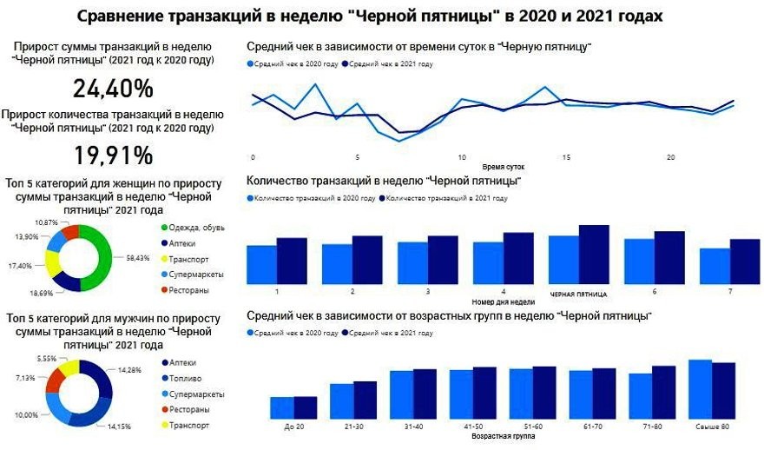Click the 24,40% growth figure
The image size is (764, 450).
113,89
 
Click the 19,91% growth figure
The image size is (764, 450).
113,156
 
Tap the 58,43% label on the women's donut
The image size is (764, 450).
138,258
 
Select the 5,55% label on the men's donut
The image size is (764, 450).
47,359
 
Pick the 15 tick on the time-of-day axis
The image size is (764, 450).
566,158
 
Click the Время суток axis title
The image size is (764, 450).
503,166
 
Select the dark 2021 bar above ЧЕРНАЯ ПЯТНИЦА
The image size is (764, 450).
594,252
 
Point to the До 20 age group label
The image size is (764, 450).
293,427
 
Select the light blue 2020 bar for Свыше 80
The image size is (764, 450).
700,389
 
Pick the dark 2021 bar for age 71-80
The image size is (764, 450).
663,392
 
